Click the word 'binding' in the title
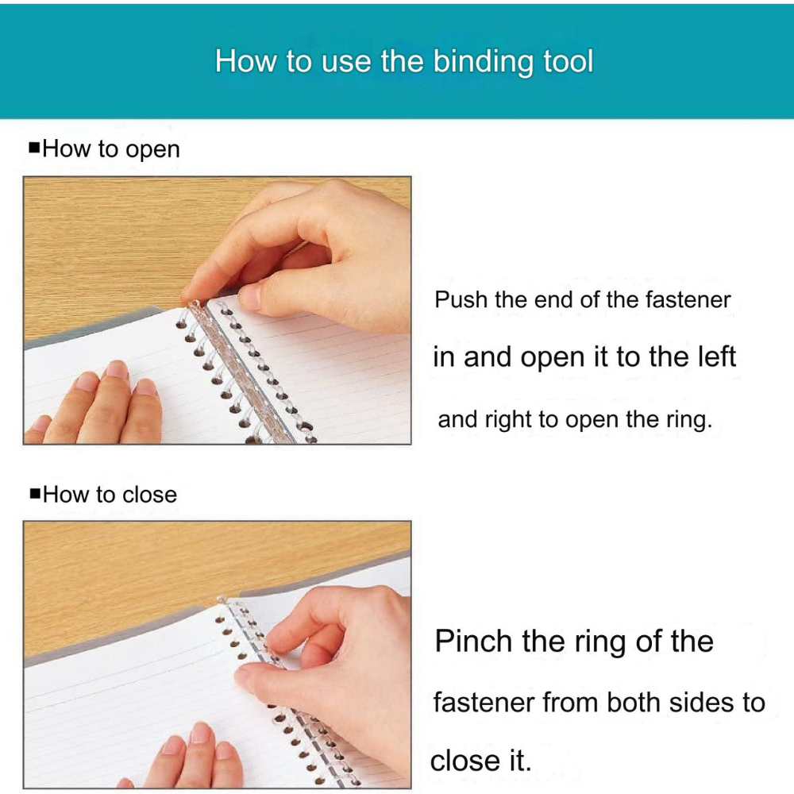484,62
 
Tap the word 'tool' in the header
569,61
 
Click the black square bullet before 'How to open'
34,148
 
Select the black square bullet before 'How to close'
35,493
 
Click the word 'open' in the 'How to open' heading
152,150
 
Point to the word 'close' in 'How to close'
150,494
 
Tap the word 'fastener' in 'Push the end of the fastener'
688,299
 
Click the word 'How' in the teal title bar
247,61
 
